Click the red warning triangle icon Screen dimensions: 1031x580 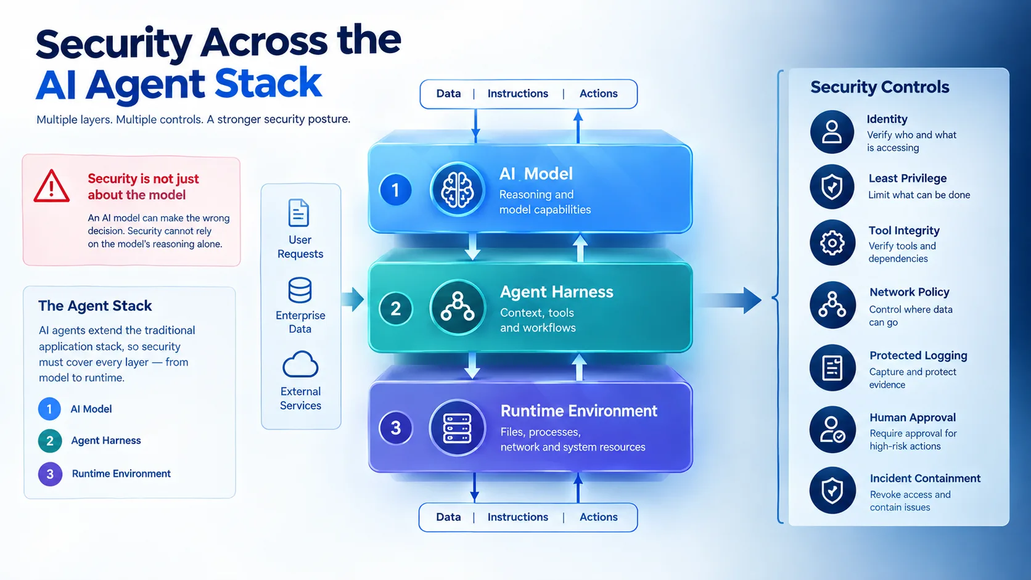52,186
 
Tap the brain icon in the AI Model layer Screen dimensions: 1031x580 457,189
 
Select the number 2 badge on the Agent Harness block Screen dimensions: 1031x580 395,308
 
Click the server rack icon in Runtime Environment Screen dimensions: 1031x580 457,428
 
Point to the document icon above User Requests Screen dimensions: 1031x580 298,213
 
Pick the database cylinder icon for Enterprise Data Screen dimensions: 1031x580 300,290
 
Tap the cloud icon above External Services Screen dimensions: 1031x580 300,365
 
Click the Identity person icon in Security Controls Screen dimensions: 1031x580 832,132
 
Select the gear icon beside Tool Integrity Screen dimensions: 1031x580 832,242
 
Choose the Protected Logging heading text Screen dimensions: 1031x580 918,356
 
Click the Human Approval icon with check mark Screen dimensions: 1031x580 832,430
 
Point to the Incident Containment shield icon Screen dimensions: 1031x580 832,490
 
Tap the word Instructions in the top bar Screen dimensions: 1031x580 518,93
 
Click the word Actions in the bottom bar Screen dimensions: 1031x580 598,517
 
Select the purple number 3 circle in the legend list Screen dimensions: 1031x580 50,474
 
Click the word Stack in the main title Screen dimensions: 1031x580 268,83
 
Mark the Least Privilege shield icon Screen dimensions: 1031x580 832,187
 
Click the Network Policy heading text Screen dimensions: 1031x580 910,292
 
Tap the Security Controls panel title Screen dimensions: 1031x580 879,87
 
